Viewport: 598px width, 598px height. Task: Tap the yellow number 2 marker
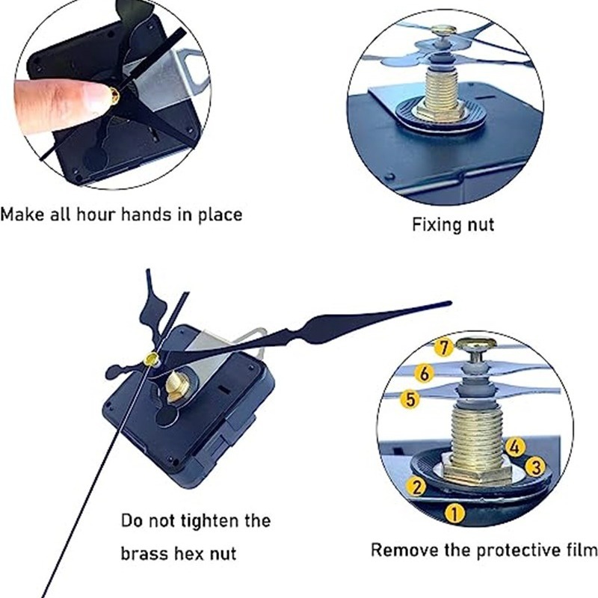click(x=417, y=487)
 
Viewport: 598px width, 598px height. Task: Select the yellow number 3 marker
click(x=536, y=466)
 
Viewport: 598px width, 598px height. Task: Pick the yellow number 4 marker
click(x=515, y=446)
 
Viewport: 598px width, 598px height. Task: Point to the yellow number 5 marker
click(x=410, y=399)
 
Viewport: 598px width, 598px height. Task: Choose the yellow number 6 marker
click(x=425, y=373)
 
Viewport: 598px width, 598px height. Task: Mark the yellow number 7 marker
click(x=443, y=348)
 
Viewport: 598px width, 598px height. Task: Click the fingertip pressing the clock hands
click(x=91, y=96)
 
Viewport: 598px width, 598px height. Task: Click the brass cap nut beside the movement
click(x=176, y=387)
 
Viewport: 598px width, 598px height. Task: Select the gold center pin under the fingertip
click(x=114, y=96)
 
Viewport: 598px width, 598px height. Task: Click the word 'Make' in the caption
click(x=22, y=214)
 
